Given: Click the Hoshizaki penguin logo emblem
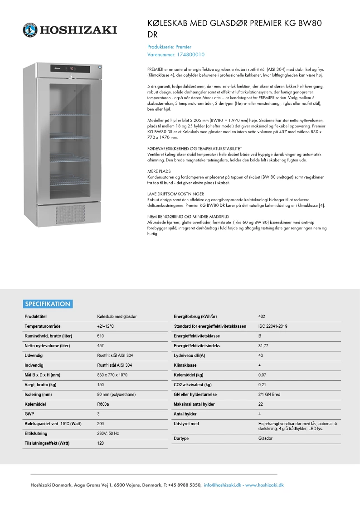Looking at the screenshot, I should pyautogui.click(x=31, y=30).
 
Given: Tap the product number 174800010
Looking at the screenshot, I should pyautogui.click(x=190, y=54).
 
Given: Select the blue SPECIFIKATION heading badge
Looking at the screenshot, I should pyautogui.click(x=48, y=304).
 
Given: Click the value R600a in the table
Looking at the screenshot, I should pyautogui.click(x=103, y=404).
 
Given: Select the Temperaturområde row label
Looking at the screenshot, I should pyautogui.click(x=43, y=326).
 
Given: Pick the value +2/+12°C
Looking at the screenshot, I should pyautogui.click(x=105, y=326).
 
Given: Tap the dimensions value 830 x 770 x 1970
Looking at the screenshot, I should pyautogui.click(x=112, y=375).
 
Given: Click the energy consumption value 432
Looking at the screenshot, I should pyautogui.click(x=262, y=316).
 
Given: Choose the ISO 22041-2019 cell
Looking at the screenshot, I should pyautogui.click(x=272, y=326).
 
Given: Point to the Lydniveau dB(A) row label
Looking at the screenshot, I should pyautogui.click(x=189, y=355).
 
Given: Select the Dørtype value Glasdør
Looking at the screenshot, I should pyautogui.click(x=265, y=439).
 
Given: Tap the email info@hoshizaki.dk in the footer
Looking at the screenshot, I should pyautogui.click(x=223, y=485).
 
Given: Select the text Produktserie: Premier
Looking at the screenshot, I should pyautogui.click(x=169, y=47).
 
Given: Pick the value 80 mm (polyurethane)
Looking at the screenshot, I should pyautogui.click(x=116, y=394).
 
